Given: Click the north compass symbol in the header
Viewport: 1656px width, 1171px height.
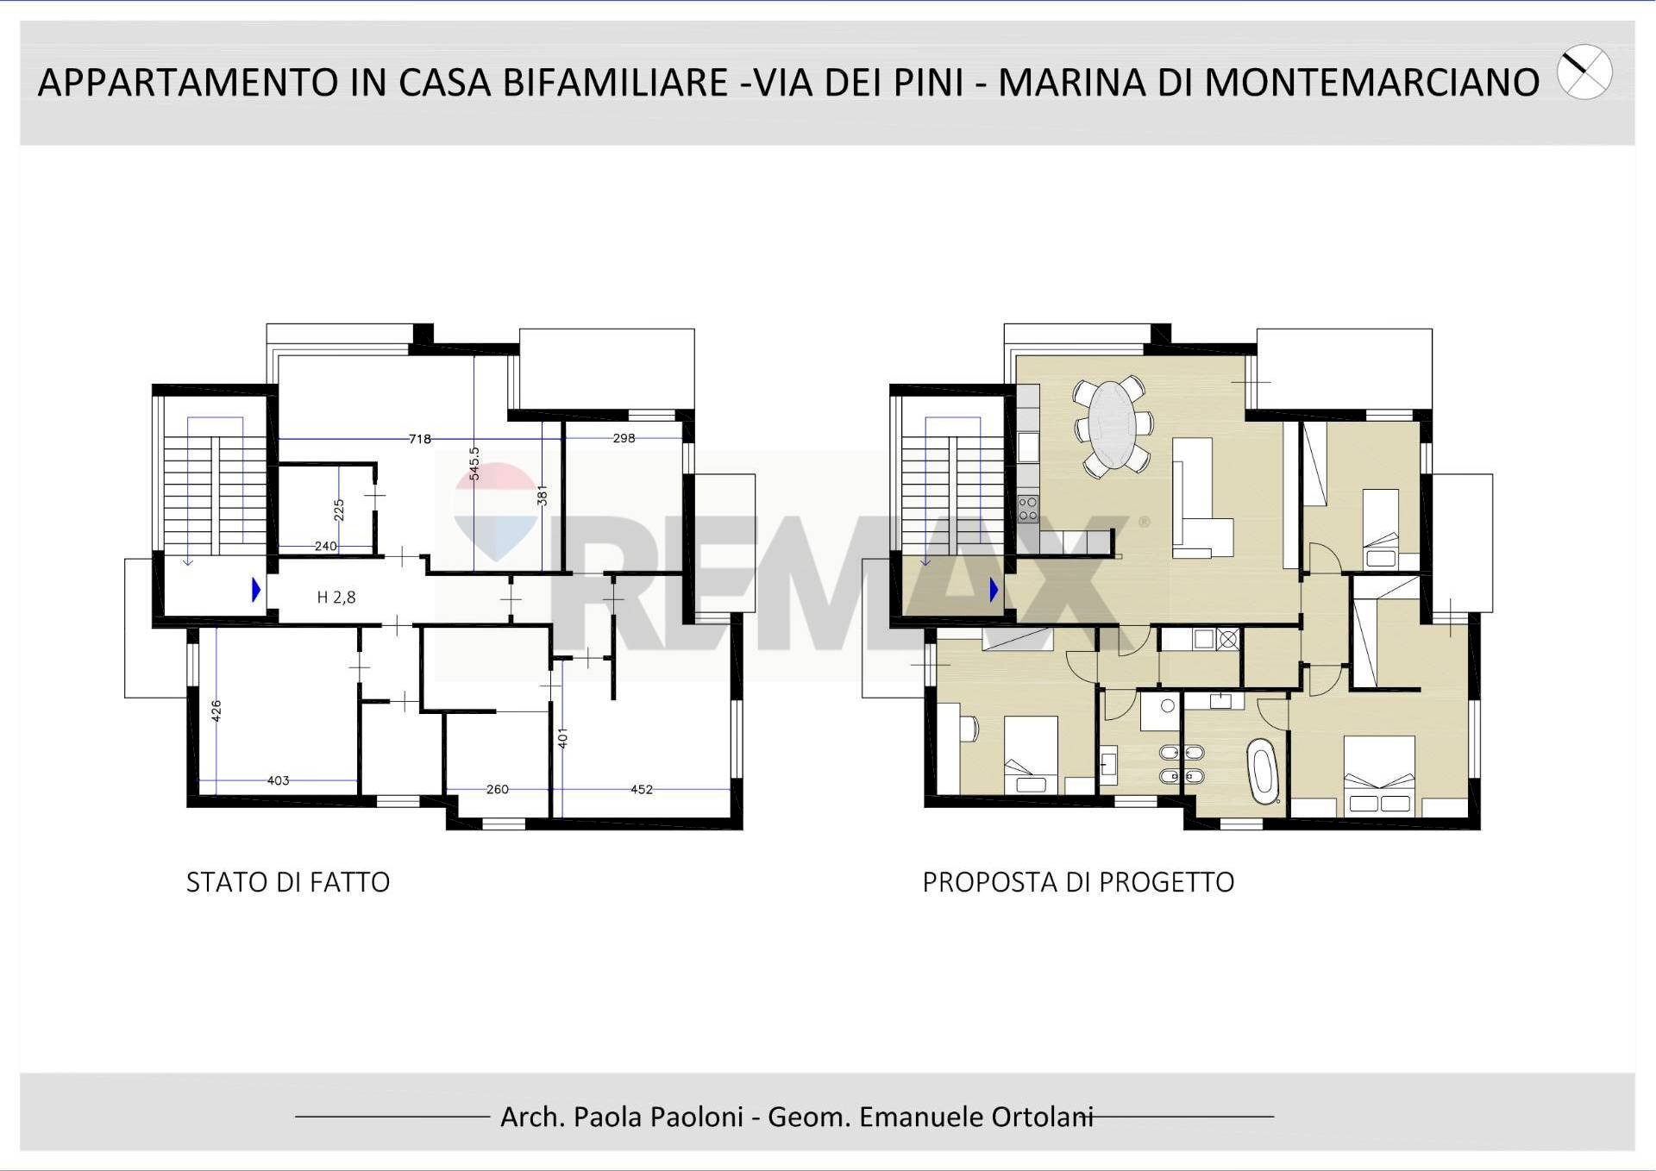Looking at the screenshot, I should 1584,72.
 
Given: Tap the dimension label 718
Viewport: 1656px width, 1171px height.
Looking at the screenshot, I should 420,439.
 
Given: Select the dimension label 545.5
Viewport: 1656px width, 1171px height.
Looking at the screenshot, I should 474,463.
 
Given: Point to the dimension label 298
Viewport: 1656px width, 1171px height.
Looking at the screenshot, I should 624,438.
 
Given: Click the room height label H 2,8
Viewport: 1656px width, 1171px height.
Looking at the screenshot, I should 336,597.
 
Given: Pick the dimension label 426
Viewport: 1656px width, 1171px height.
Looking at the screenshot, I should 216,711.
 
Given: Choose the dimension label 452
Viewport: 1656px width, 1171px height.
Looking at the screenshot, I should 641,789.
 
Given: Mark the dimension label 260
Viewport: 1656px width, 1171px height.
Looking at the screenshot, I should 498,789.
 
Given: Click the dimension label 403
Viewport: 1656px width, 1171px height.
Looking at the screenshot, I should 278,780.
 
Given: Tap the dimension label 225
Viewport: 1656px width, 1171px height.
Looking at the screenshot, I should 339,510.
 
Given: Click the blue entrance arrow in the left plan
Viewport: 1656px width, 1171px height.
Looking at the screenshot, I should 256,590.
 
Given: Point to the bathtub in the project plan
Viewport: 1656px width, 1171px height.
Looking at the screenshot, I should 1263,770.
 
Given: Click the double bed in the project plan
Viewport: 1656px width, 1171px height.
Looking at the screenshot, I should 1379,775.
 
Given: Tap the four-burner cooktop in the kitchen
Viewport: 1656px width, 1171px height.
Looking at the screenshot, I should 1027,508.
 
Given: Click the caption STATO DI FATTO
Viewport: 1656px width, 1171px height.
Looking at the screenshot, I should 288,882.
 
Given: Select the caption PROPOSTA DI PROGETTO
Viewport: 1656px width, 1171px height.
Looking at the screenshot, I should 1078,882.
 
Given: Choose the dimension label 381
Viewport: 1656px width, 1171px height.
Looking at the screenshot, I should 542,495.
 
